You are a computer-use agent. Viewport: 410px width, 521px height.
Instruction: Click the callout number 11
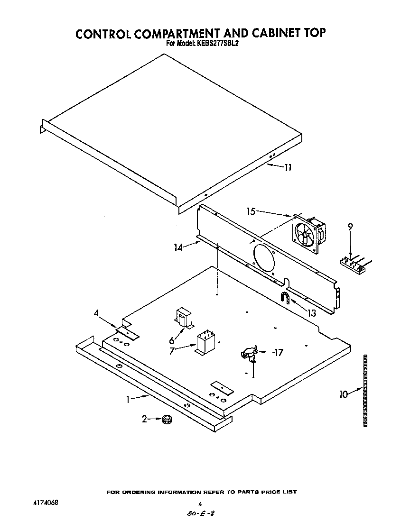[288, 167]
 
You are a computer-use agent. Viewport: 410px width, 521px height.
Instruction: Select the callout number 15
[251, 211]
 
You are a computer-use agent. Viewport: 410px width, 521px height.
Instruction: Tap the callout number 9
[350, 227]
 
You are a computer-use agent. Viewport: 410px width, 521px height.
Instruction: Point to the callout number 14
[178, 247]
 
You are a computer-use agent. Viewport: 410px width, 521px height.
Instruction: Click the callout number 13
[311, 313]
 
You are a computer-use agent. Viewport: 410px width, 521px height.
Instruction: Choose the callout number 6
[171, 339]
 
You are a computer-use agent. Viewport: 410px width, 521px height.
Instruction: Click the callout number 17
[279, 352]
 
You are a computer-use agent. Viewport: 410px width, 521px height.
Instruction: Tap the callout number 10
[344, 393]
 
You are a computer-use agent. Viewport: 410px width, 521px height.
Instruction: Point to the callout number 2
[145, 419]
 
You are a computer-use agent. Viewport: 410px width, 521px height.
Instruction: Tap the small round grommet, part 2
[167, 419]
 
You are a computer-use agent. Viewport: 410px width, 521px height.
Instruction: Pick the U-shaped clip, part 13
[285, 298]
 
